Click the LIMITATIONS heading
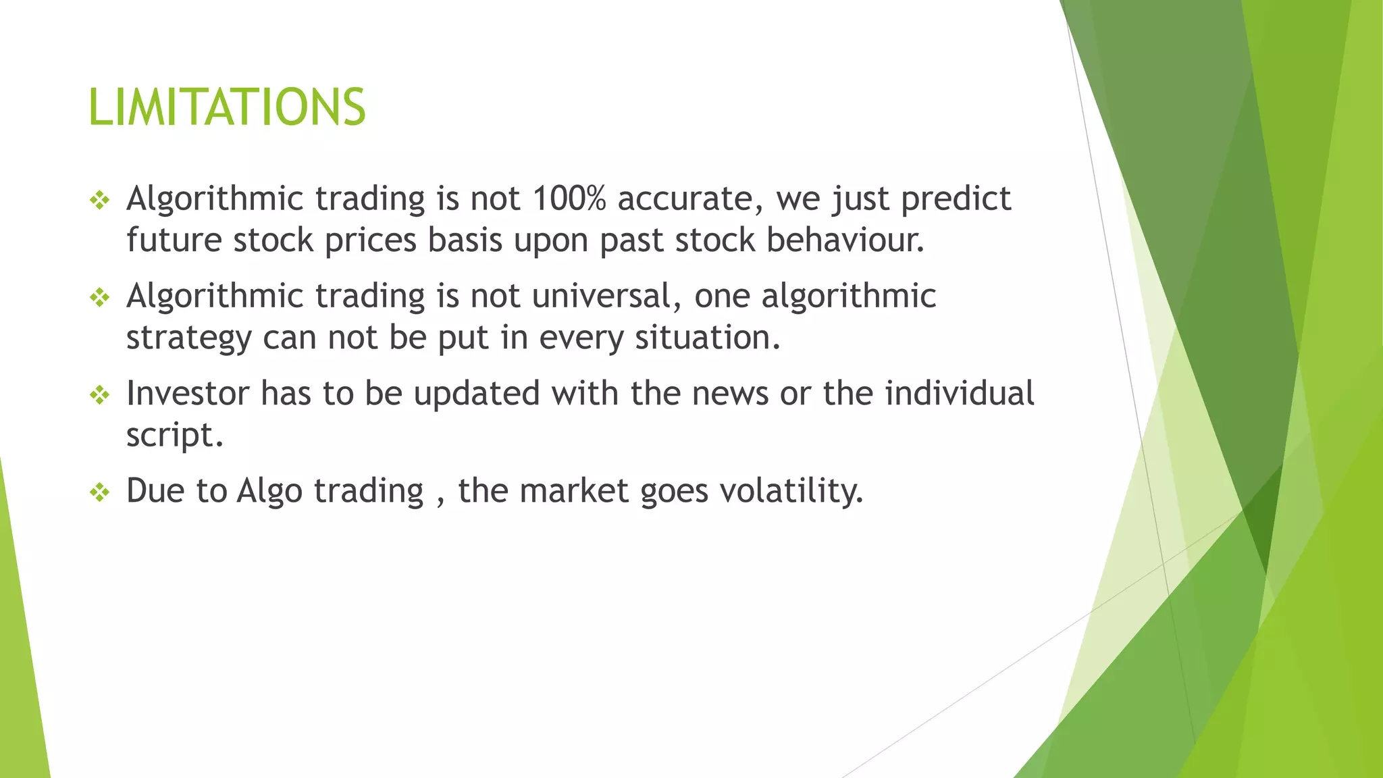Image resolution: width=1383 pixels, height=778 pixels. click(x=227, y=107)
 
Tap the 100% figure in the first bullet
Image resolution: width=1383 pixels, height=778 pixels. click(x=569, y=199)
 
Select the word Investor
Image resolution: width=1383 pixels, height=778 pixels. click(x=188, y=394)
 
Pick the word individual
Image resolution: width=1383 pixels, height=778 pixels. click(x=959, y=394)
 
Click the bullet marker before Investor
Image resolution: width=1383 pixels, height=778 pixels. click(x=99, y=394)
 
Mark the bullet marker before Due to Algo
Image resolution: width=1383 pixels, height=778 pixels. click(x=99, y=492)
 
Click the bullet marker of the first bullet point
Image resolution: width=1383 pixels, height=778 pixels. click(x=99, y=200)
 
